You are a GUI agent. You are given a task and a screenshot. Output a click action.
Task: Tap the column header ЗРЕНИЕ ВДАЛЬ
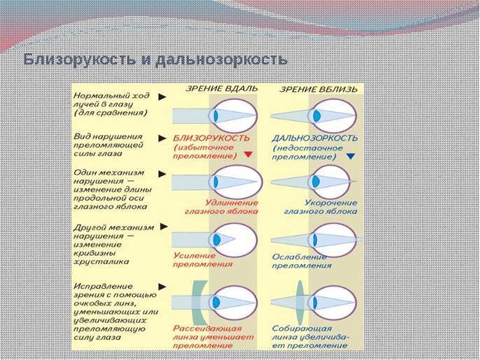coord(220,89)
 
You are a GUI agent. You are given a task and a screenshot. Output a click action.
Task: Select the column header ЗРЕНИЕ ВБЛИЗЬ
coord(318,89)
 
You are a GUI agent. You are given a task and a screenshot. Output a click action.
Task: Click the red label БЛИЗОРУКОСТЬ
coord(209,138)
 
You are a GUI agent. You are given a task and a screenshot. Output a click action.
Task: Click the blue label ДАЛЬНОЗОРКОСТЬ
coord(315,138)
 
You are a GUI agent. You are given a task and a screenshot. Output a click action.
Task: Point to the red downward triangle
coord(247,155)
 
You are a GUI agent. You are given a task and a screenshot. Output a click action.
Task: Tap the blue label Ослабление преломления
coord(302,261)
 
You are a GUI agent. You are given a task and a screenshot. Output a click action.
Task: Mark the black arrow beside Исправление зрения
coord(162,286)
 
